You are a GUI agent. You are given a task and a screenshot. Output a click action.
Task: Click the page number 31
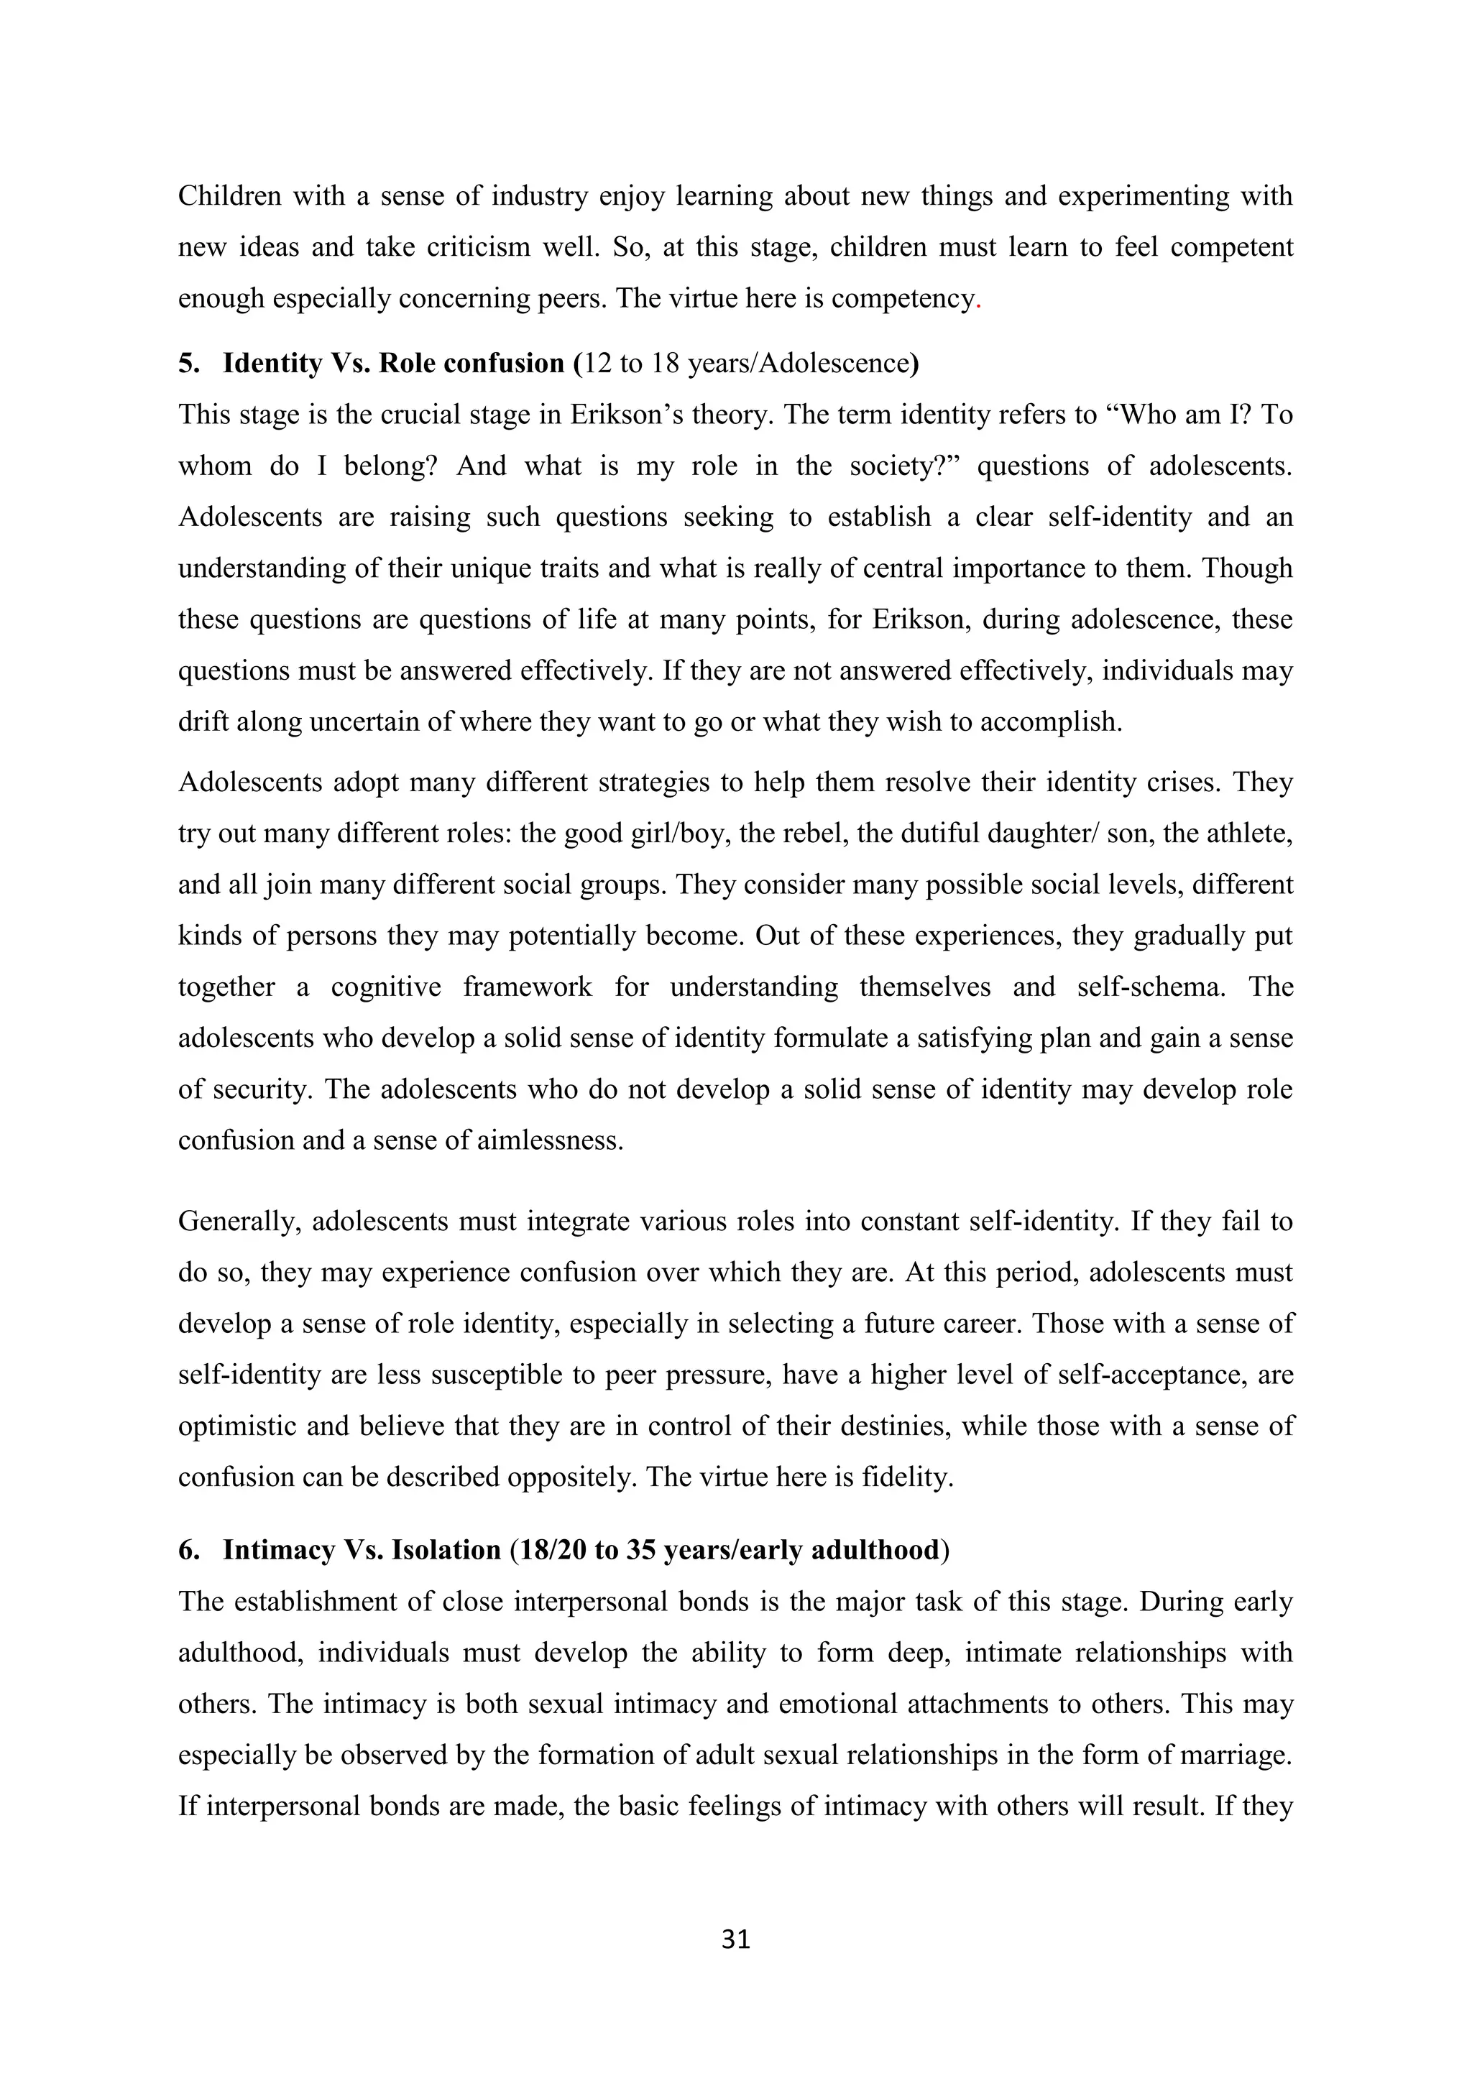735,1939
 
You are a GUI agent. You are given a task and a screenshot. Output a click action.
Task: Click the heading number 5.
188,364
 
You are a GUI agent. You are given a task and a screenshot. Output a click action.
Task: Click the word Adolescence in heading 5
833,364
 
